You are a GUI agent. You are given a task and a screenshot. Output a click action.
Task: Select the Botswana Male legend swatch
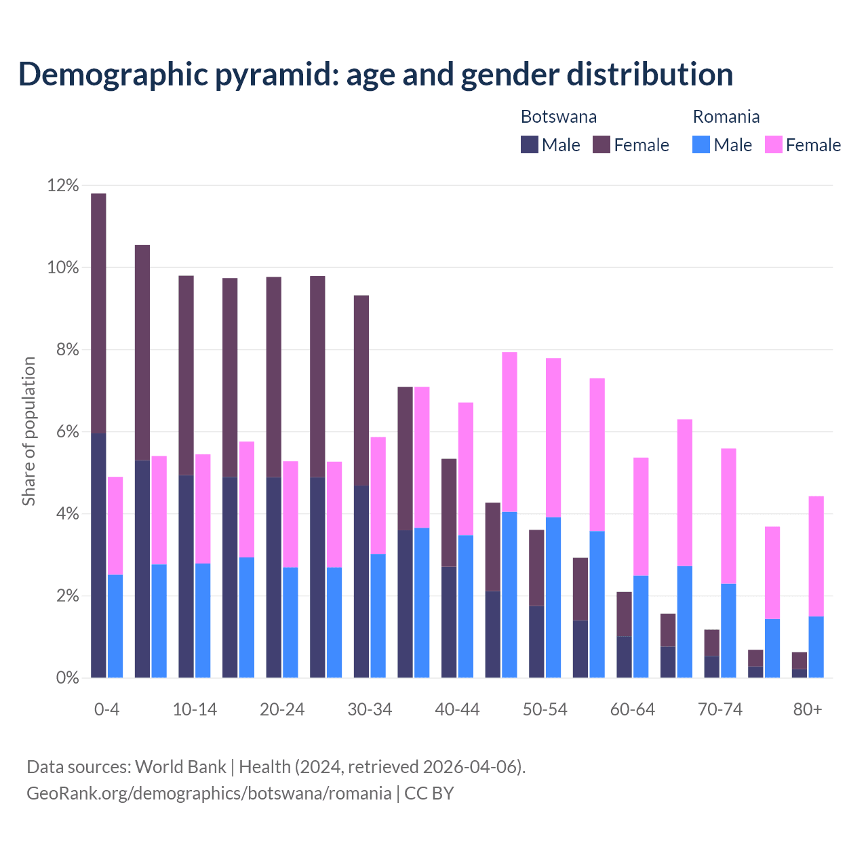click(x=529, y=144)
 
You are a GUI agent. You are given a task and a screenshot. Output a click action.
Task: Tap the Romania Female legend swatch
click(x=773, y=144)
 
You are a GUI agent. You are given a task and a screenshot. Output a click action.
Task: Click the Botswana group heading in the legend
click(x=558, y=117)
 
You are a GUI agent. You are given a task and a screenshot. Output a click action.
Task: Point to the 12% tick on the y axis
click(x=63, y=185)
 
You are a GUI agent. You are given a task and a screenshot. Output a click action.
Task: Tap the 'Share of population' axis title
click(x=28, y=431)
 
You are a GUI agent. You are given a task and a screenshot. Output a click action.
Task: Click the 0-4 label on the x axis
click(x=106, y=709)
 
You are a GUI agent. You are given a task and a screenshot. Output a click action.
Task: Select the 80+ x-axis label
click(x=807, y=709)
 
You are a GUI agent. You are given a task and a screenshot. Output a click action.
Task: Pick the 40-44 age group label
click(x=457, y=709)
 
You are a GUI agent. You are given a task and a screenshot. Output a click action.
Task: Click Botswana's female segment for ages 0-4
click(x=98, y=312)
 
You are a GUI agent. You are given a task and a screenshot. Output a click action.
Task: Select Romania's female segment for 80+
click(x=816, y=556)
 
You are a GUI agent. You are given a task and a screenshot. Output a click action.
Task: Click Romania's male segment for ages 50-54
click(x=553, y=597)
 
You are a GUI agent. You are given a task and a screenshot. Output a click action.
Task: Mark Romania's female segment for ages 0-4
click(x=115, y=526)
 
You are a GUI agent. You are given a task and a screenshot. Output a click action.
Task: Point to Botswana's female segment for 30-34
click(x=361, y=390)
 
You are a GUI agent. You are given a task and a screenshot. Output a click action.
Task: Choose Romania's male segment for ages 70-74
click(x=728, y=631)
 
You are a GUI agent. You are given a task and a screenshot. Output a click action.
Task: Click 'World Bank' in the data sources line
click(x=180, y=767)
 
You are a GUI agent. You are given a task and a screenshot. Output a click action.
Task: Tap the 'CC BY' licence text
click(x=429, y=793)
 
